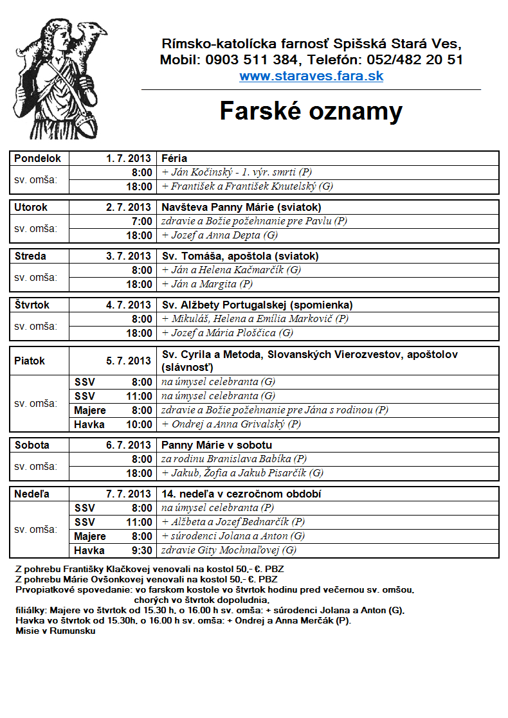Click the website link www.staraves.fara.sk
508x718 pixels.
311,76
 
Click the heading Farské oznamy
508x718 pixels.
311,111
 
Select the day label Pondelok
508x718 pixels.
38,158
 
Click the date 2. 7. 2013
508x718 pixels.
129,207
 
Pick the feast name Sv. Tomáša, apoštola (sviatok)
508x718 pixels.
240,256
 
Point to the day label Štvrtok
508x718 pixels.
32,305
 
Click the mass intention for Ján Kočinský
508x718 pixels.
237,172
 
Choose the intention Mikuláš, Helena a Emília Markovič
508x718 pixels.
255,319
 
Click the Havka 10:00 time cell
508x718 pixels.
113,424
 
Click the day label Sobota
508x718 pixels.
32,445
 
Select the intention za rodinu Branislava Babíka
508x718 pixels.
234,459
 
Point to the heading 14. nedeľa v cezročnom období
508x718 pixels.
241,494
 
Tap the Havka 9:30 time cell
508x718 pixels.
113,550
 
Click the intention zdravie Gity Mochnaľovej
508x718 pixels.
229,550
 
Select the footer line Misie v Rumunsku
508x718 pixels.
56,631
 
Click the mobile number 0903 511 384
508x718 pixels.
252,60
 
